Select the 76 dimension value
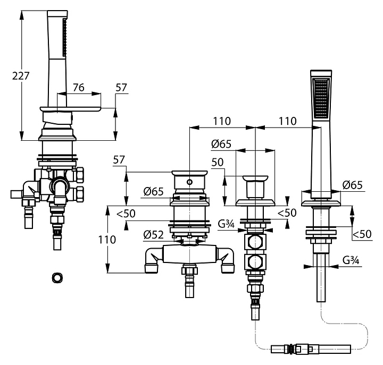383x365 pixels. (x=78, y=88)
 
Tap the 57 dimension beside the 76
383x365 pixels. (x=122, y=88)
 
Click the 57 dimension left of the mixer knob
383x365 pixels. (x=119, y=159)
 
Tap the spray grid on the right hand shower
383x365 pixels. (x=321, y=99)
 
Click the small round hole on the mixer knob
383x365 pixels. (x=188, y=182)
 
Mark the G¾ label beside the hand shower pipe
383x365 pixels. (x=350, y=260)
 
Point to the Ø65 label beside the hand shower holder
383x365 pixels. (x=353, y=185)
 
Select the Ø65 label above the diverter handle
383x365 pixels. (x=221, y=143)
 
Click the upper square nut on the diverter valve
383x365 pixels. (x=256, y=243)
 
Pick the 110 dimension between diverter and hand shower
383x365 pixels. (x=287, y=121)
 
